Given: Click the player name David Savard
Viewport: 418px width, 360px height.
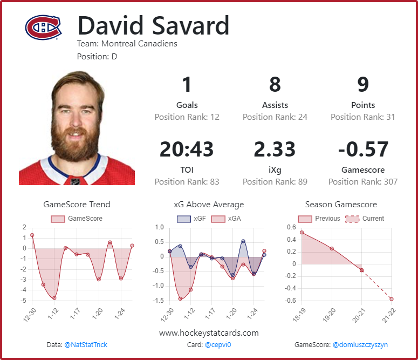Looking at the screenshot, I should pyautogui.click(x=153, y=26).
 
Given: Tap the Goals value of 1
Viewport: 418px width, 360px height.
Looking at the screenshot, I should pyautogui.click(x=187, y=85).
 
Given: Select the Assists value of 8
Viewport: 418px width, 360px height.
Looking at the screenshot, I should pyautogui.click(x=275, y=85).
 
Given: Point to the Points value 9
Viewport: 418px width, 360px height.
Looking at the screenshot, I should pyautogui.click(x=362, y=85).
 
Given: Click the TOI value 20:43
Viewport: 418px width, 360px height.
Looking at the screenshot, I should pyautogui.click(x=187, y=150).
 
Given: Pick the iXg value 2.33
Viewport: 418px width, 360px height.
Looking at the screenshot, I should pyautogui.click(x=275, y=150).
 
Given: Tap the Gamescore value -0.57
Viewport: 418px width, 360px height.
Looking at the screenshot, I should pyautogui.click(x=362, y=150).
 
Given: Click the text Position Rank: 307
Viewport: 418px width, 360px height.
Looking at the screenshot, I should pyautogui.click(x=362, y=182).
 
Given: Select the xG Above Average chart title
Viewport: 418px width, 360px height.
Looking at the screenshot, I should pyautogui.click(x=208, y=205).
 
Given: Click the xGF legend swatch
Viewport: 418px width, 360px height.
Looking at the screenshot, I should pyautogui.click(x=184, y=219).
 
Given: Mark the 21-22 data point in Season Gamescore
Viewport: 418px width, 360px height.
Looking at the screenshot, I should pyautogui.click(x=392, y=299).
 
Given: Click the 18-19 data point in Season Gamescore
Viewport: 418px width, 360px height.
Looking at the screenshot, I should pyautogui.click(x=301, y=232).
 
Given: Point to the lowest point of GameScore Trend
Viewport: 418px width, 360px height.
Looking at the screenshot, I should pyautogui.click(x=54, y=297).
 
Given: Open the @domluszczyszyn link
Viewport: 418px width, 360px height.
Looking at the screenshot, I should pyautogui.click(x=360, y=344).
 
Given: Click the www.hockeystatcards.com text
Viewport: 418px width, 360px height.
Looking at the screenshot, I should pyautogui.click(x=209, y=332).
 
